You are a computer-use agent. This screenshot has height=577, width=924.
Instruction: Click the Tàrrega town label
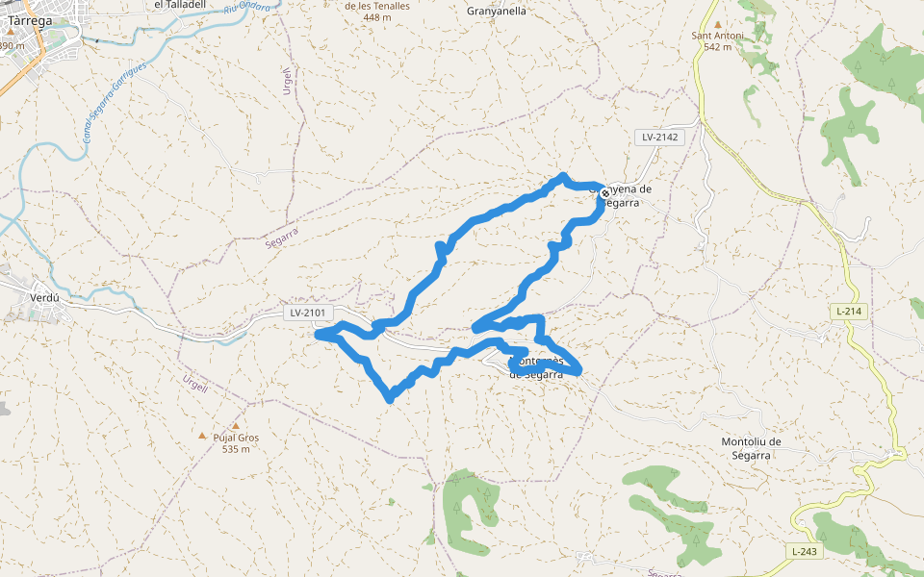(30, 18)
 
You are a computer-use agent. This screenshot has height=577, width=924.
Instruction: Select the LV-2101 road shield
(309, 313)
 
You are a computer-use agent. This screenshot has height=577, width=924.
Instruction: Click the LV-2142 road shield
(660, 138)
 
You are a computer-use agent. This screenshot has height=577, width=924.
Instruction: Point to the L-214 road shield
(847, 312)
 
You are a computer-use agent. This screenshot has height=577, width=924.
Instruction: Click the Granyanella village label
(496, 12)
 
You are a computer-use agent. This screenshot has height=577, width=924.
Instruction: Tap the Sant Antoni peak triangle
(718, 24)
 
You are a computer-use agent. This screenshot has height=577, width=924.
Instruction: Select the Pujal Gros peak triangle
(202, 436)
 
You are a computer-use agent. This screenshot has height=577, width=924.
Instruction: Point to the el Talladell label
(180, 5)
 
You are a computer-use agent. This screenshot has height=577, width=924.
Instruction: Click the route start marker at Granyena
(604, 193)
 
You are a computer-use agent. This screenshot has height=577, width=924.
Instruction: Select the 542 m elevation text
(718, 46)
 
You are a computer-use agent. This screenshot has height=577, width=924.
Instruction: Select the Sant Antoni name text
(718, 37)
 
